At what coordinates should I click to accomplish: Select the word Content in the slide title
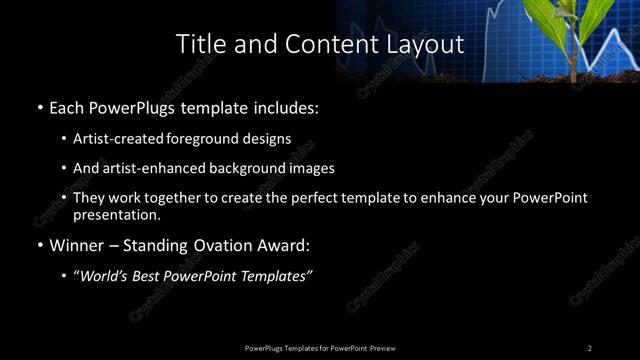[x=310, y=44]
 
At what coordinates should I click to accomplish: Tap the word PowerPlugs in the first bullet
[x=139, y=107]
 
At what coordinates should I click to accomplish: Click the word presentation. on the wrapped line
[x=116, y=214]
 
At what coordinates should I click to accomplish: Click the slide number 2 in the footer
[x=589, y=348]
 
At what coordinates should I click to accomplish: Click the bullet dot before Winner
[x=38, y=245]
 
